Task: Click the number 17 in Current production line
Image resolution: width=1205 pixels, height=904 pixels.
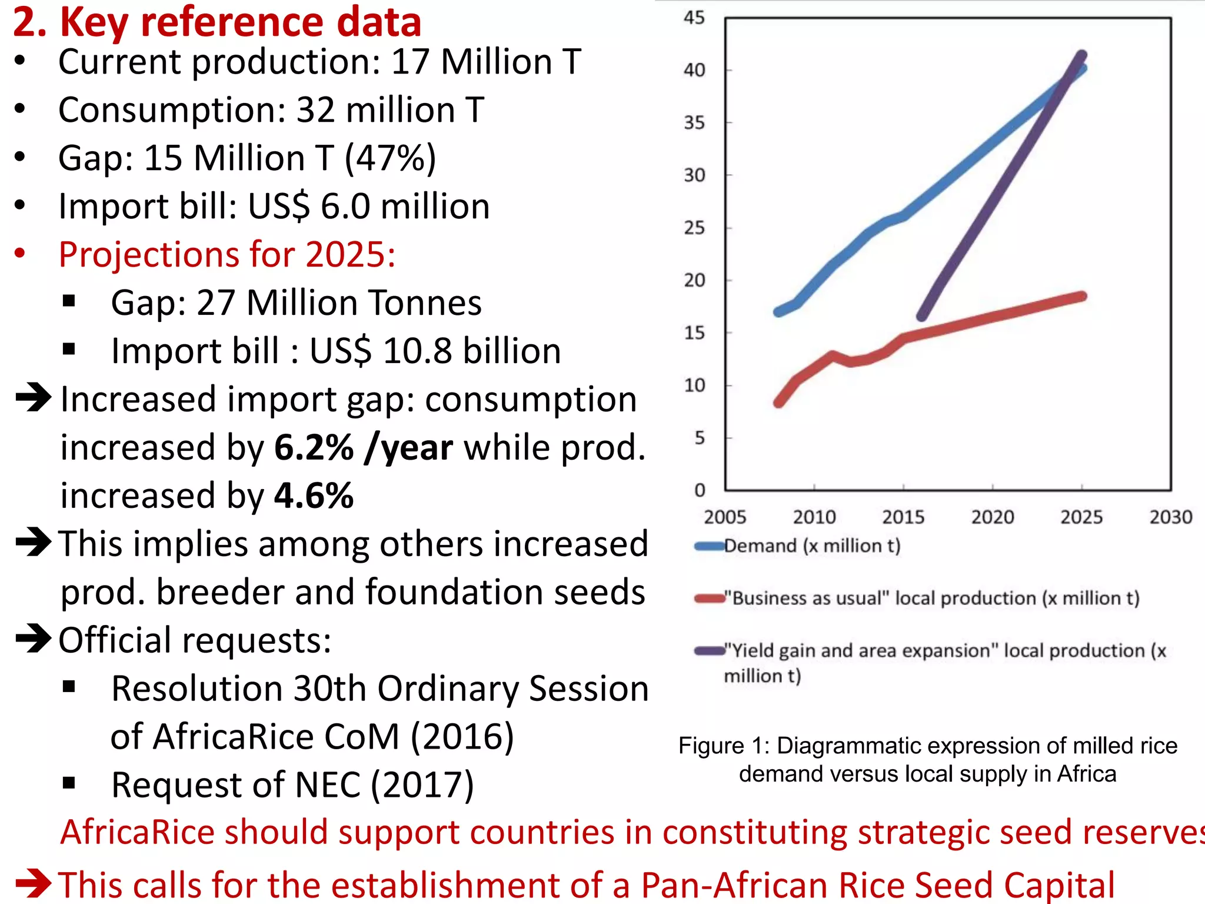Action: click(x=410, y=62)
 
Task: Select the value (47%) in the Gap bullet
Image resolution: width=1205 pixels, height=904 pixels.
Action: click(x=391, y=158)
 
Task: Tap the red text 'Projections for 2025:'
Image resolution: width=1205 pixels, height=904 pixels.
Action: click(x=227, y=255)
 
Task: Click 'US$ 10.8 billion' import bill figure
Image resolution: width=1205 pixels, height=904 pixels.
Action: click(x=435, y=351)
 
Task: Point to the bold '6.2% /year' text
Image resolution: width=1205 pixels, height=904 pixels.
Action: click(x=364, y=448)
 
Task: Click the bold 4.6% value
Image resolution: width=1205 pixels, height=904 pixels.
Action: click(x=314, y=496)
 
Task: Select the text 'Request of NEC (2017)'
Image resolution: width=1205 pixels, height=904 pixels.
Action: click(x=292, y=785)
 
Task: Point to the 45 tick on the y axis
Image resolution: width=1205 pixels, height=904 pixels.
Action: click(x=694, y=18)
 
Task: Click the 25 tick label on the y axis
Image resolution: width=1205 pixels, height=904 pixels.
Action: click(x=694, y=228)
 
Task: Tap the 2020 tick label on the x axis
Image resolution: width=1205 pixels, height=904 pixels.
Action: click(x=993, y=517)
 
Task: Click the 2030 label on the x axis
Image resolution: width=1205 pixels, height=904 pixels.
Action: click(x=1171, y=517)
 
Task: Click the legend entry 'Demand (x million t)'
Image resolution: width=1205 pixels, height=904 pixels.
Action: click(x=812, y=546)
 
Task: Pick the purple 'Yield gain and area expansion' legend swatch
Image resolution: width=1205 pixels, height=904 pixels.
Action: click(x=709, y=651)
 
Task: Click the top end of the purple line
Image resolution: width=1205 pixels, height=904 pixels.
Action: click(x=1081, y=56)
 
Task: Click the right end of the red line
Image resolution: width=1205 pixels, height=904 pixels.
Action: click(x=1083, y=296)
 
